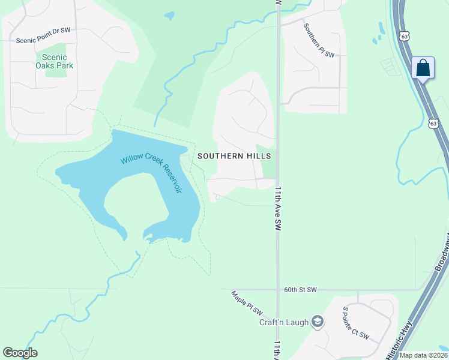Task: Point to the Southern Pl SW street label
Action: point(318,41)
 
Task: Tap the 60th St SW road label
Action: point(300,290)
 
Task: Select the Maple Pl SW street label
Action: point(247,303)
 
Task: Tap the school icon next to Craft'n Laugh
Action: point(317,323)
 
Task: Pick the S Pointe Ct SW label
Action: point(355,322)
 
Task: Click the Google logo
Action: point(20,353)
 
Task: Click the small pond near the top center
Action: point(169,15)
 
